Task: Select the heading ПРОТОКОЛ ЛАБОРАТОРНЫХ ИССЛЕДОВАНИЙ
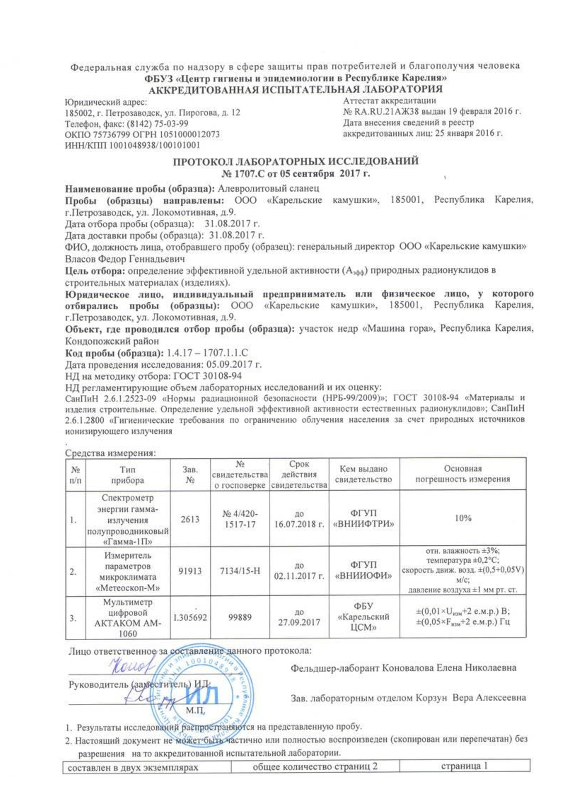coord(296,162)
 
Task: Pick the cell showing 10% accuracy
coord(463,518)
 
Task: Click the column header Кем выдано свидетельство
coord(364,474)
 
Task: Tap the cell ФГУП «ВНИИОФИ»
coord(364,571)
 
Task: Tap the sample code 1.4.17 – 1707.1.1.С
coord(207,353)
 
